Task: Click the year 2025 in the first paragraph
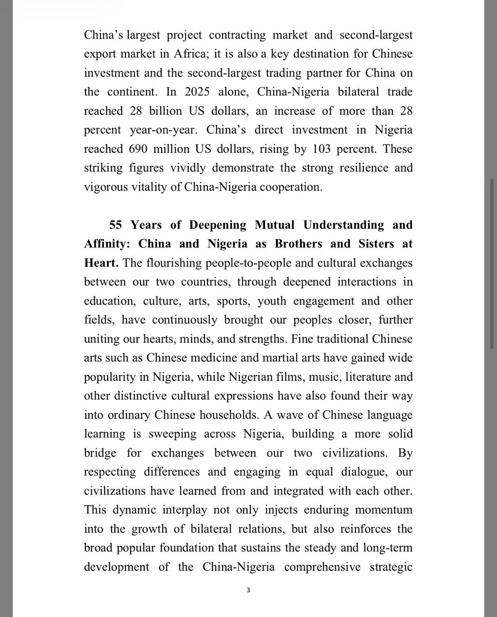point(197,92)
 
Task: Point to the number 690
point(138,149)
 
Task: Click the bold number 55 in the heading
point(116,225)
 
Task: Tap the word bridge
point(100,453)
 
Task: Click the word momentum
point(383,510)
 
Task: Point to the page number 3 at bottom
point(248,590)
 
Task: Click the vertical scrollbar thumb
point(492,263)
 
